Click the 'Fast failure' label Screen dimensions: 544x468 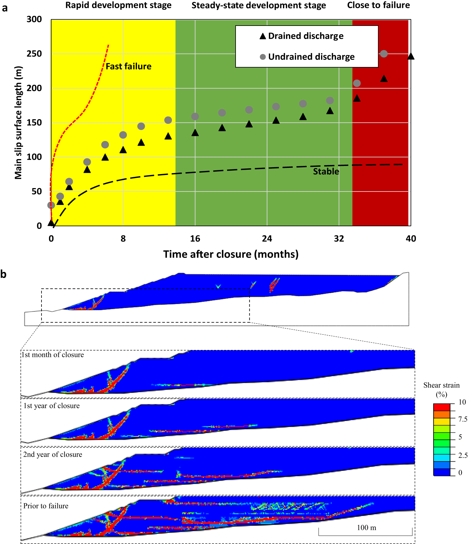[x=128, y=66]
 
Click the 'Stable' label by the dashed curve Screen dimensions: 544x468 [x=326, y=172]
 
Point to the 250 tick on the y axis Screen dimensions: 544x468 [x=34, y=54]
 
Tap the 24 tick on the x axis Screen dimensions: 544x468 [x=267, y=239]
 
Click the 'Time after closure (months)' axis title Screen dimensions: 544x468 [x=231, y=254]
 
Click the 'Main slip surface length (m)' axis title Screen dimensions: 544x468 [x=18, y=123]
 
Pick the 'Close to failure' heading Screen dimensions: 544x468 [x=378, y=5]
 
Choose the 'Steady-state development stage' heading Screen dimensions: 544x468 [x=258, y=5]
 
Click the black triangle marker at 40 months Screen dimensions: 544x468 [x=411, y=56]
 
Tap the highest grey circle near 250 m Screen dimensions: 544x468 [x=384, y=54]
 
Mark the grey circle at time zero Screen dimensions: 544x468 [x=51, y=205]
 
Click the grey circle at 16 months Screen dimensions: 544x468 [x=195, y=116]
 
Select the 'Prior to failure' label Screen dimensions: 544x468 [x=46, y=506]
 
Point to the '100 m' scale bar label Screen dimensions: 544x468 [x=366, y=527]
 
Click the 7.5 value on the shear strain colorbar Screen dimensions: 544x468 [x=462, y=419]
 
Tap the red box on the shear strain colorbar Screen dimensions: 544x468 [x=441, y=407]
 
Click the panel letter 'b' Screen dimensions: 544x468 [x=3, y=274]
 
